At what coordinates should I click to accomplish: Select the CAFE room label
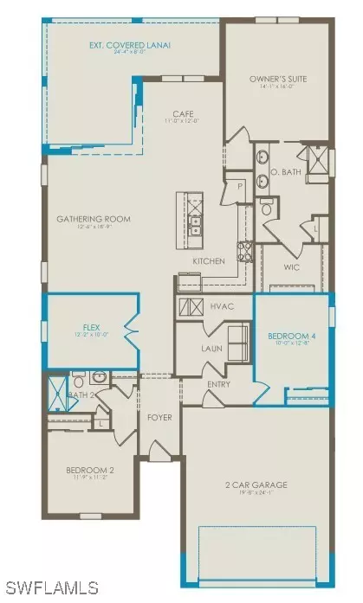point(182,113)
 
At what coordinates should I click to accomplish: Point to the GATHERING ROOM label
point(94,220)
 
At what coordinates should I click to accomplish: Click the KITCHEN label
point(209,260)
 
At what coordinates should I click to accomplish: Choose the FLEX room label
point(87,328)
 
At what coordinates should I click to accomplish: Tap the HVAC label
point(223,306)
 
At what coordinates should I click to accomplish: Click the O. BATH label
point(290,173)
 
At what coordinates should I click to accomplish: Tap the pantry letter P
point(235,185)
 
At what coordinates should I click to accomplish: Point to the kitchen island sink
point(196,226)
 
